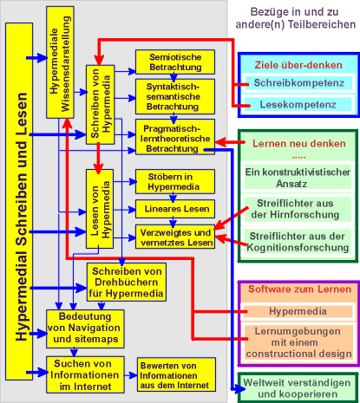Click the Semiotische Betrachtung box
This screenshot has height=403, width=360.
175,62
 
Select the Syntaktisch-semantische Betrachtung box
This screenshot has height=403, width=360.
175,96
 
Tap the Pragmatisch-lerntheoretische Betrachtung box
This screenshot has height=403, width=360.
175,137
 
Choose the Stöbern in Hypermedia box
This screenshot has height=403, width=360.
175,181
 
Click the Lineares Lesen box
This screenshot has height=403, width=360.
175,209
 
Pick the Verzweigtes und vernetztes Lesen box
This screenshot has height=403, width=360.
175,237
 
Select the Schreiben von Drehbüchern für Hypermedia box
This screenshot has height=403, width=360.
127,282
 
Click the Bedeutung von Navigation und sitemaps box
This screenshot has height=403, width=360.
85,328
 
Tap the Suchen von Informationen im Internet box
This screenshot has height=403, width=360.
85,374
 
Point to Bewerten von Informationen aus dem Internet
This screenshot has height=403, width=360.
176,374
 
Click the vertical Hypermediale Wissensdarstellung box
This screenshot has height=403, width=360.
60,62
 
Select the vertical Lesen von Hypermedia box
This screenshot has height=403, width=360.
100,209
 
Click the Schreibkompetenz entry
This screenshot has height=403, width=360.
298,83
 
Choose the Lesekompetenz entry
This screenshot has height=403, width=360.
298,104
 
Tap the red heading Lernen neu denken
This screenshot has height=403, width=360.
299,144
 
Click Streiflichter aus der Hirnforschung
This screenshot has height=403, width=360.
295,209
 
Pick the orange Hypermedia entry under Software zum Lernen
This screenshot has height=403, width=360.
298,311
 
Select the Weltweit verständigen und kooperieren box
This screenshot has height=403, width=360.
298,388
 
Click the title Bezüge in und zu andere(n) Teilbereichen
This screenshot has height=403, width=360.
295,18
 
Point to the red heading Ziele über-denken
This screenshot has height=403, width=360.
298,65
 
